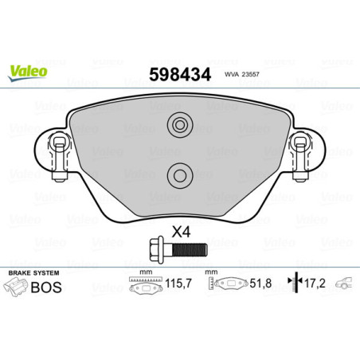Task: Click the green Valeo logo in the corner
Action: [x=28, y=71]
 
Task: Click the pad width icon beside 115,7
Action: [x=143, y=285]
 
